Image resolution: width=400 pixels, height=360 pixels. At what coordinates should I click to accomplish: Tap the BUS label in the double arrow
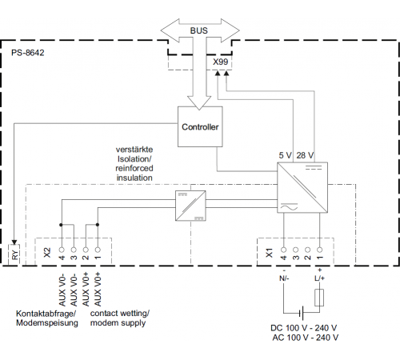coord(198,30)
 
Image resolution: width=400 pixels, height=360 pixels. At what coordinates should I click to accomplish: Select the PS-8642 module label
coord(28,53)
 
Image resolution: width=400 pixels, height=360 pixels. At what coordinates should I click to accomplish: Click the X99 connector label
coord(220,62)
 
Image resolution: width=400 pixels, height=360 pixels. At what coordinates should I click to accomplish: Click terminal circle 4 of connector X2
coord(62,250)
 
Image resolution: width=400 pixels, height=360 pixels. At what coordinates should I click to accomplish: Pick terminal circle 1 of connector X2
coord(98,250)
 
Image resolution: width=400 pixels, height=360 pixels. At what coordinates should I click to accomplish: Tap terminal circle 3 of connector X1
coord(295,250)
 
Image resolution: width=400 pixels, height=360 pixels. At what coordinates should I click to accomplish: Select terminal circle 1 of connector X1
coord(319,250)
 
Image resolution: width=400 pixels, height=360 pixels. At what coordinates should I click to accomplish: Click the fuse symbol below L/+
coord(319,298)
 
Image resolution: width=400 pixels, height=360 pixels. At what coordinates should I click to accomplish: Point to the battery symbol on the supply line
coord(302,313)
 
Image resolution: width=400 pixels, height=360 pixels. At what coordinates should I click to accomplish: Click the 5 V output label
coord(285,155)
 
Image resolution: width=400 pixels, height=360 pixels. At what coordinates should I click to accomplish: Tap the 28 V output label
coord(305,155)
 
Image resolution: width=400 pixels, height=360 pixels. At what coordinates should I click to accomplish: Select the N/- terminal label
coord(284,278)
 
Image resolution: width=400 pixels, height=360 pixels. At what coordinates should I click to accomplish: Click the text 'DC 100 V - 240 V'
coord(303,328)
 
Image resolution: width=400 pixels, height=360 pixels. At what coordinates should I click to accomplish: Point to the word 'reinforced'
coord(134,168)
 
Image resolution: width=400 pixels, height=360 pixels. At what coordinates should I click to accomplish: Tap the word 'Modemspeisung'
coord(47,322)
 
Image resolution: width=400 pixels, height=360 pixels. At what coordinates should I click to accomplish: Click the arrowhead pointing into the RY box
coord(14,242)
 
